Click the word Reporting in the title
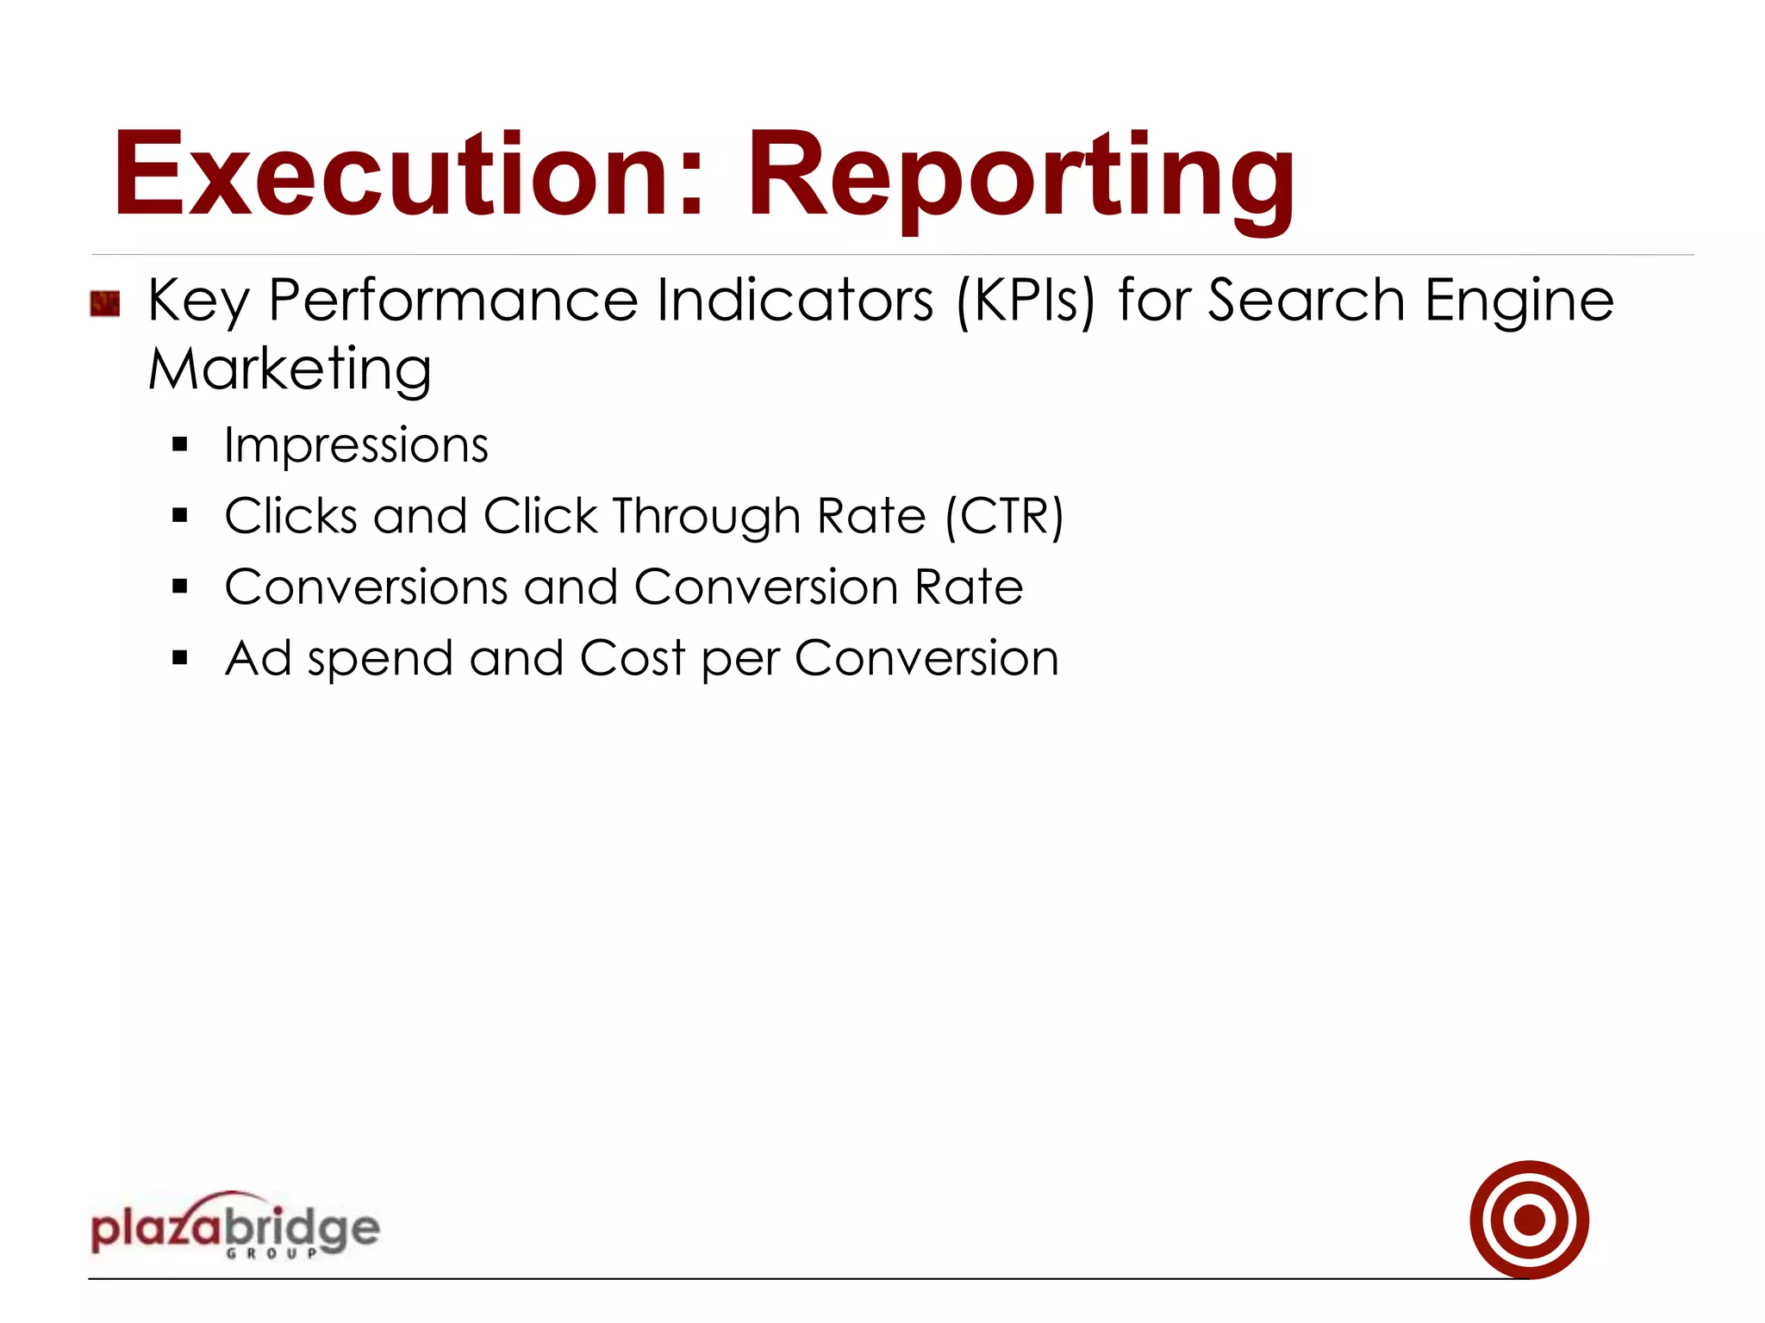coord(1020,178)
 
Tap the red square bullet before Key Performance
coord(104,304)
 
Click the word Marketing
coord(290,370)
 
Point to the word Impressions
coord(356,445)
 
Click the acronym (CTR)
coord(1004,517)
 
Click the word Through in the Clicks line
coord(707,517)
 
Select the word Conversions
coord(366,587)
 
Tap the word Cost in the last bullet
coord(633,659)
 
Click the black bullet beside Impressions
coord(179,445)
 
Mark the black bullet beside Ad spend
coord(179,659)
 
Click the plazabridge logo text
coord(234,1227)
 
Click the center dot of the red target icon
coord(1529,1220)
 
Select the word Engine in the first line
coord(1519,302)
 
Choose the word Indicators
coord(795,301)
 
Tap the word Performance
coord(453,301)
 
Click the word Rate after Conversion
coord(969,587)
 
